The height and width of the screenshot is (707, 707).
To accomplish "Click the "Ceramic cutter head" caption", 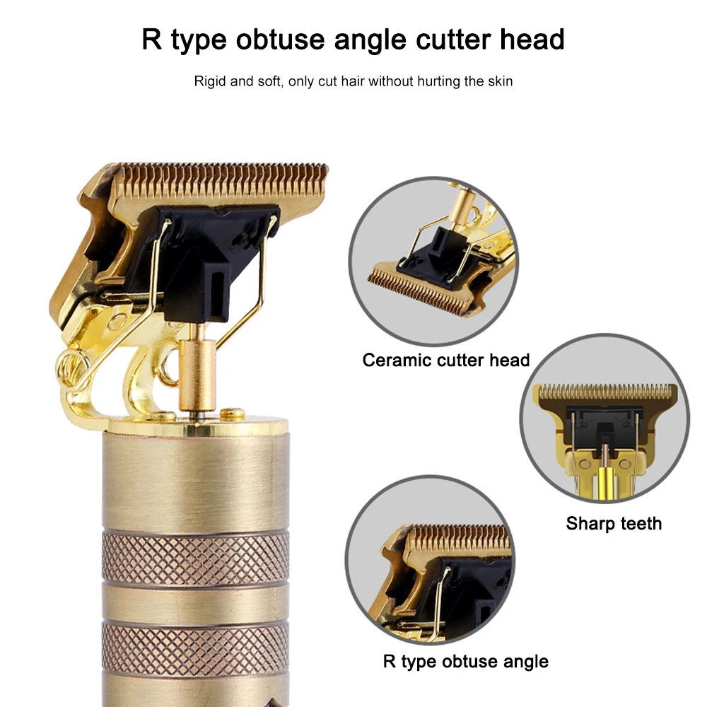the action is click(445, 360).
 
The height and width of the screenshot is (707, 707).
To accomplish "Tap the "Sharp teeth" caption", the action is click(614, 524).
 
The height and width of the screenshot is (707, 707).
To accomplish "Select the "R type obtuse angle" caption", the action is click(465, 662).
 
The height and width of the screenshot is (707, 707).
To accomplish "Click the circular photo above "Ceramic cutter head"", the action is click(433, 262).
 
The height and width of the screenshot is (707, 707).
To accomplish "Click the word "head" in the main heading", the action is click(531, 40).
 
